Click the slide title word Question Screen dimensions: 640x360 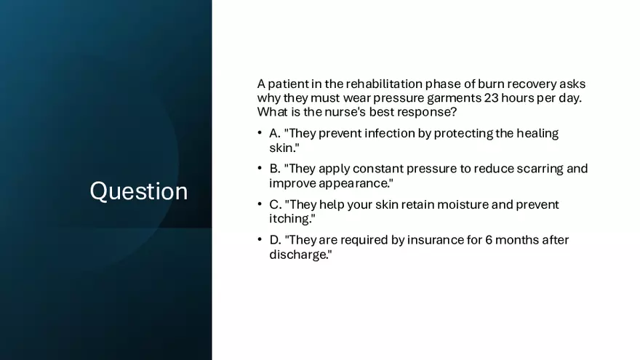tap(139, 191)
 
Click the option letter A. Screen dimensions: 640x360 tap(275, 134)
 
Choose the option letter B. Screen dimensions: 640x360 tap(275, 169)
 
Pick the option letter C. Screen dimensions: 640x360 tap(275, 204)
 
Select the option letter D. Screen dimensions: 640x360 tap(275, 239)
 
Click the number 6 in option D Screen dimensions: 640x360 tap(489, 239)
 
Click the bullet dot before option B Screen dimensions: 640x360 tap(260, 168)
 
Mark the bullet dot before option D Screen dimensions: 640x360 tap(260, 239)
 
